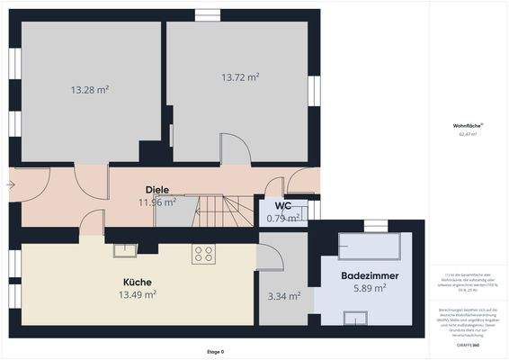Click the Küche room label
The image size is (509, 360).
pos(138,282)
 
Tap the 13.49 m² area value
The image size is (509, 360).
pos(138,294)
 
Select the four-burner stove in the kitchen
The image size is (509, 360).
pos(202,255)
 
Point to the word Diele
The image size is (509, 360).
pos(157,190)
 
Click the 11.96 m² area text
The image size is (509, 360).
pos(156,202)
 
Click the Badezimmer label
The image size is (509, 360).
pos(370,275)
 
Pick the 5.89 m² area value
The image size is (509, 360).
pos(370,288)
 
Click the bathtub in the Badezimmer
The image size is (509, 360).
pos(371,246)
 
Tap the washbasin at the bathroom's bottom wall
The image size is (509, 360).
pos(355,316)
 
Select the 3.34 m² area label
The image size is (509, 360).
pos(283,295)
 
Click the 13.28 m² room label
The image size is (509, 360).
pos(89,90)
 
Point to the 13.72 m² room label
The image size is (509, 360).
pos(240,77)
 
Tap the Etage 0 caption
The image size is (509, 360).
pos(216,351)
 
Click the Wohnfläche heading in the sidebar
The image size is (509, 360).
pos(468,125)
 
